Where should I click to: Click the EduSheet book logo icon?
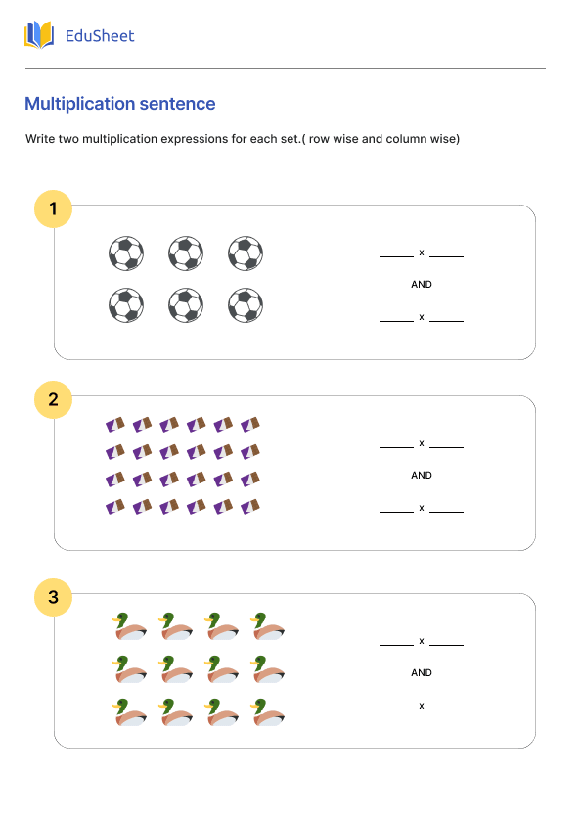[39, 35]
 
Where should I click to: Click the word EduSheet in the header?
[99, 36]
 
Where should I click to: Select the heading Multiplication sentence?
[120, 104]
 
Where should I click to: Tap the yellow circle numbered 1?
[53, 208]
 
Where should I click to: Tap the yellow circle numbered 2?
[53, 399]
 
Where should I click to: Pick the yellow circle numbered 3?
[53, 597]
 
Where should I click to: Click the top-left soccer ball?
[126, 253]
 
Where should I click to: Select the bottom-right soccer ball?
[246, 305]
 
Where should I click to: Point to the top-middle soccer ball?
[186, 253]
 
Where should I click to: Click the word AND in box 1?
[422, 285]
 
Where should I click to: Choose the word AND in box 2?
[422, 476]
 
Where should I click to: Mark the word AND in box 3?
[422, 673]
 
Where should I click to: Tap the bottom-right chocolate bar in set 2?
[251, 507]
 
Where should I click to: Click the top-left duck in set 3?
[129, 627]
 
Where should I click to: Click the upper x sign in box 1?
[422, 252]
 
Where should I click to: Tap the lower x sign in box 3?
[422, 706]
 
